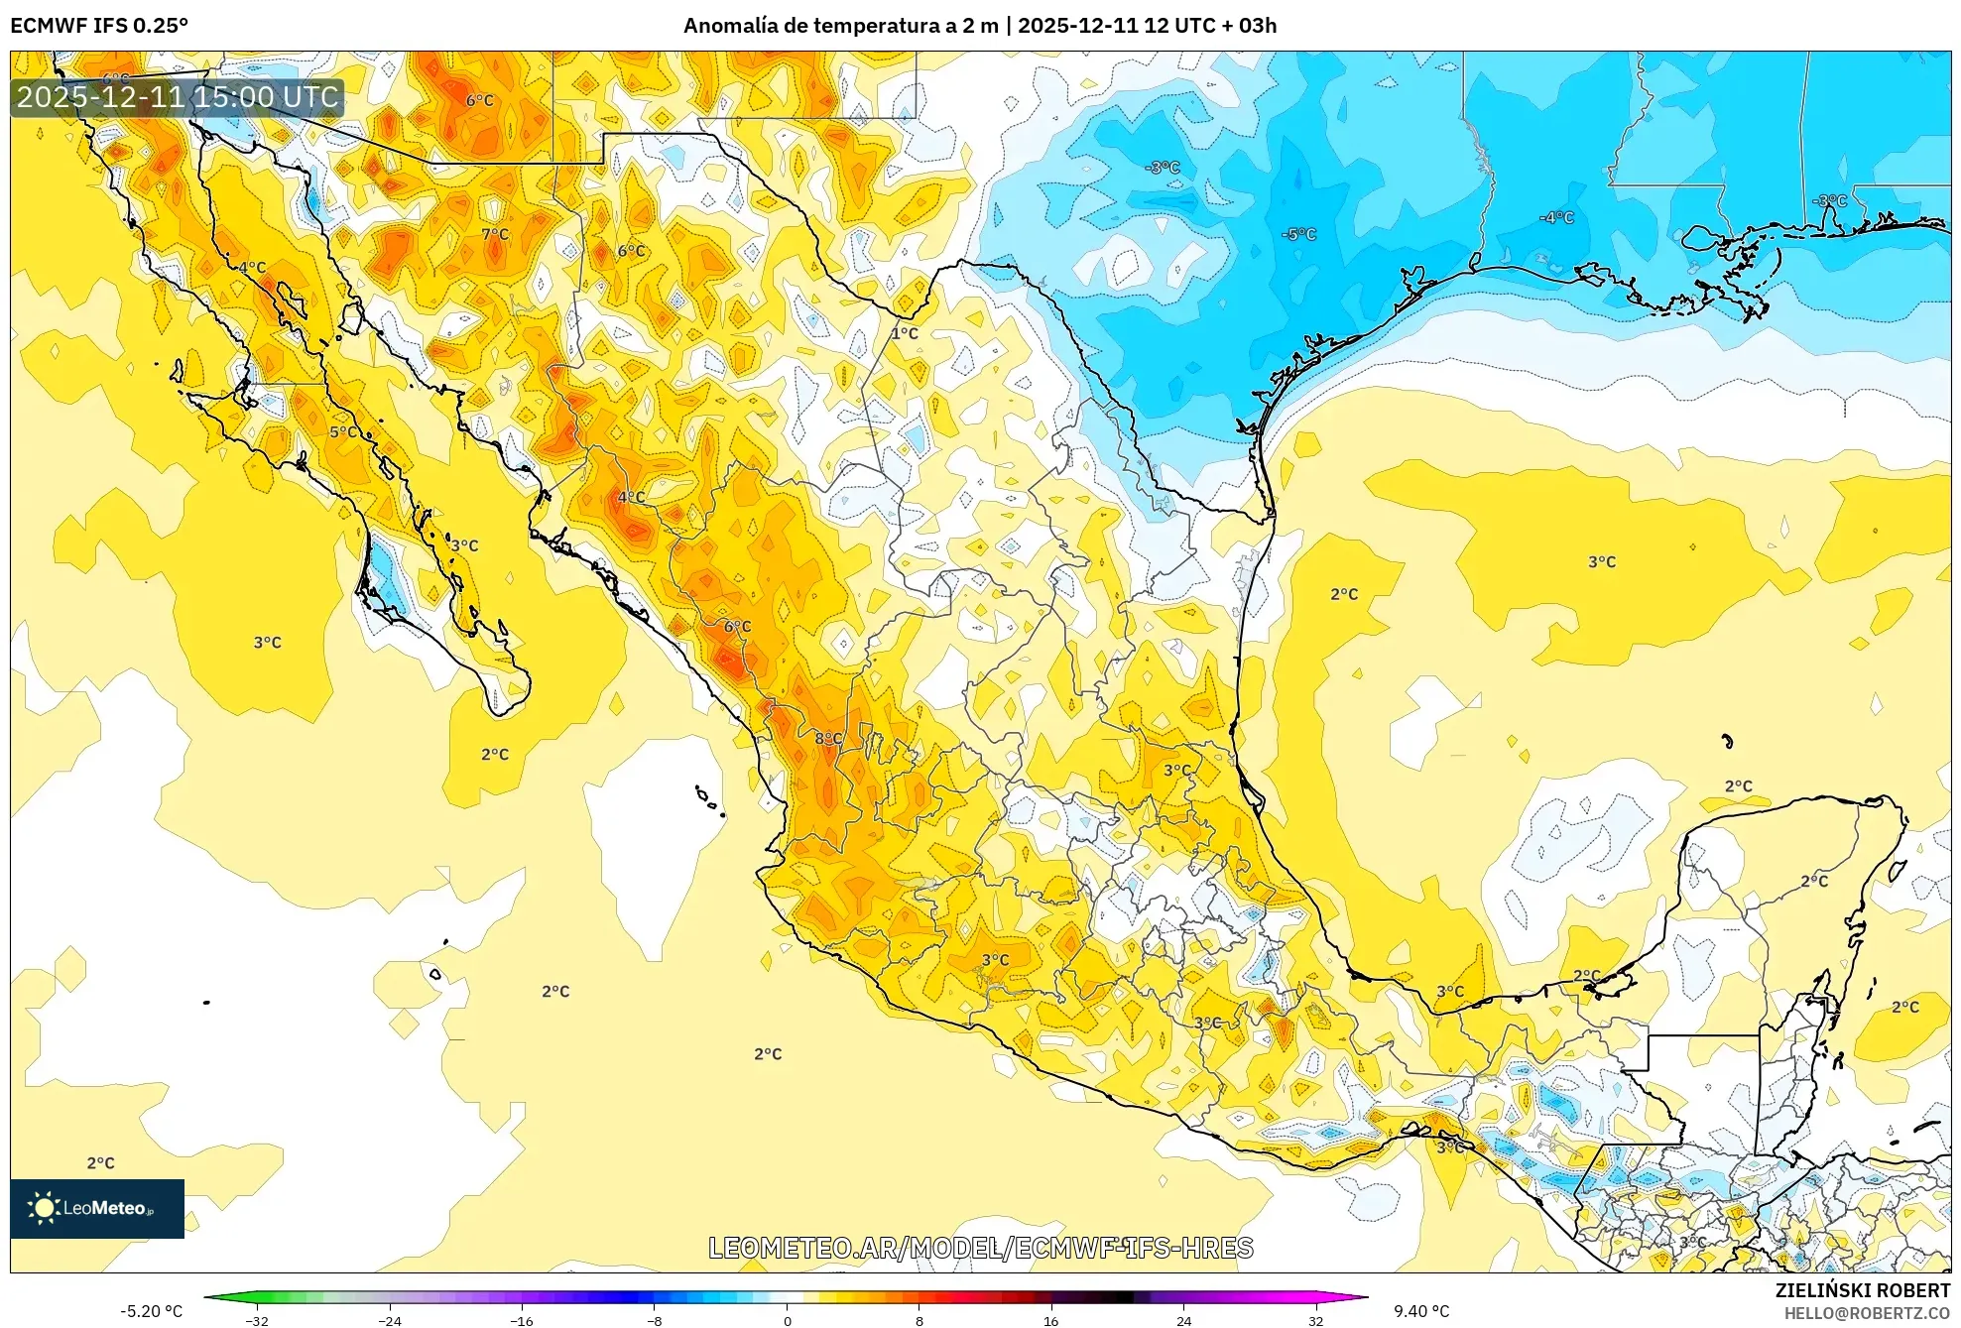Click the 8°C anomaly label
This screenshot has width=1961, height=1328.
point(827,738)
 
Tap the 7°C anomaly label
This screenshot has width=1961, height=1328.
point(495,234)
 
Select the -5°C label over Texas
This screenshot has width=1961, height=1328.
point(1298,234)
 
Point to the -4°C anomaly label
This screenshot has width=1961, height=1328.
point(1556,217)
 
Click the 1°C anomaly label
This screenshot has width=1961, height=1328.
point(904,333)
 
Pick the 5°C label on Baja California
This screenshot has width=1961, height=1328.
point(344,431)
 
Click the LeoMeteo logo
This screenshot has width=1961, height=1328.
point(97,1208)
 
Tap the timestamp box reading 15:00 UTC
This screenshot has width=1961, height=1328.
point(178,97)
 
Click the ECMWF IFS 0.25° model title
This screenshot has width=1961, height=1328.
point(99,25)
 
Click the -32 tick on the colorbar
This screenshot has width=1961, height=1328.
point(257,1320)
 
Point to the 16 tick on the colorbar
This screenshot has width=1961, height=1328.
point(1050,1320)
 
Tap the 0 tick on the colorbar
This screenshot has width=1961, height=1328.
point(787,1320)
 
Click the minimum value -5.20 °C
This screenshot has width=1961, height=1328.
point(152,1311)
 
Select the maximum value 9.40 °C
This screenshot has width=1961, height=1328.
point(1421,1311)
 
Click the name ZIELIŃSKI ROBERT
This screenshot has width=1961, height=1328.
point(1862,1290)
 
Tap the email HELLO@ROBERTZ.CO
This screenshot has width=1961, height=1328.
point(1867,1313)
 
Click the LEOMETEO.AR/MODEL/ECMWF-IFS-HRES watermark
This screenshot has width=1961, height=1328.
point(980,1248)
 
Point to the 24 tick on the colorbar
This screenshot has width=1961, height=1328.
point(1183,1320)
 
